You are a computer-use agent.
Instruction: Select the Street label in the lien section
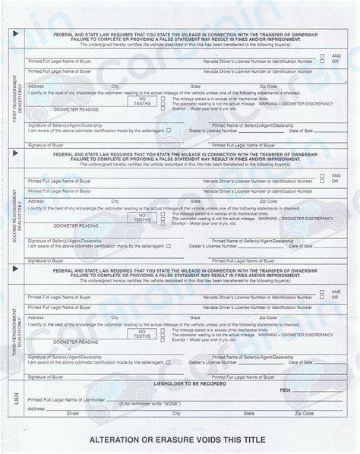73,415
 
